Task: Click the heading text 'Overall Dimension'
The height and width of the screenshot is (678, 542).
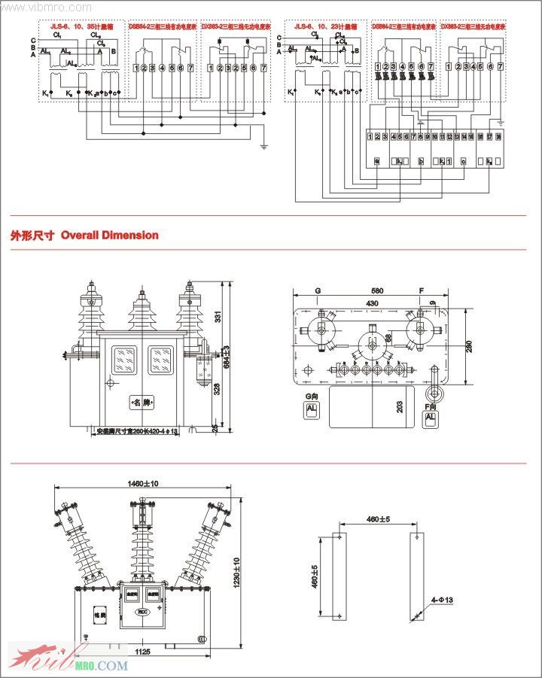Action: [110, 236]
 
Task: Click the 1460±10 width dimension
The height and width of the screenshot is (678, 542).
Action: [143, 484]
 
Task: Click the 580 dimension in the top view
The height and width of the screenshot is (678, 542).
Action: [376, 290]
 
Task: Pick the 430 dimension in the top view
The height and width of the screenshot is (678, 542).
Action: [372, 303]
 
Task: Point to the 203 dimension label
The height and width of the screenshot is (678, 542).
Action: [399, 407]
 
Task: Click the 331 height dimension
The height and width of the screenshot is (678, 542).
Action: [218, 317]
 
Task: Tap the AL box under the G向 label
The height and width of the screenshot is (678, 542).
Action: [311, 410]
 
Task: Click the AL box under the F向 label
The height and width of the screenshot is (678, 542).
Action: [431, 418]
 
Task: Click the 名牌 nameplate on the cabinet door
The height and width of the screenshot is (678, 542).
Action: [141, 403]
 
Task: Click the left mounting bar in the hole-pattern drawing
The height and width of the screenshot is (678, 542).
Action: [340, 576]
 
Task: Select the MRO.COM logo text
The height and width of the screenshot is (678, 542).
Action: [101, 665]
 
